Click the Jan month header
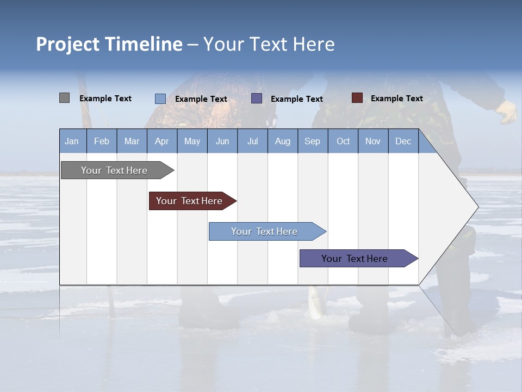(72, 141)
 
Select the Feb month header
(102, 141)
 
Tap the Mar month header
(132, 141)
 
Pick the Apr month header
(162, 141)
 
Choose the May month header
(192, 141)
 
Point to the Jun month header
(222, 141)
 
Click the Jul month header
(252, 141)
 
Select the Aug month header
(283, 141)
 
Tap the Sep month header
(313, 141)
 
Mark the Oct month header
(343, 141)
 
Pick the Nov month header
(373, 141)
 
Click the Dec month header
(403, 141)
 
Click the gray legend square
(65, 98)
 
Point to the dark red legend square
(357, 98)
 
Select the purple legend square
(257, 99)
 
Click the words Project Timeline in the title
(109, 44)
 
